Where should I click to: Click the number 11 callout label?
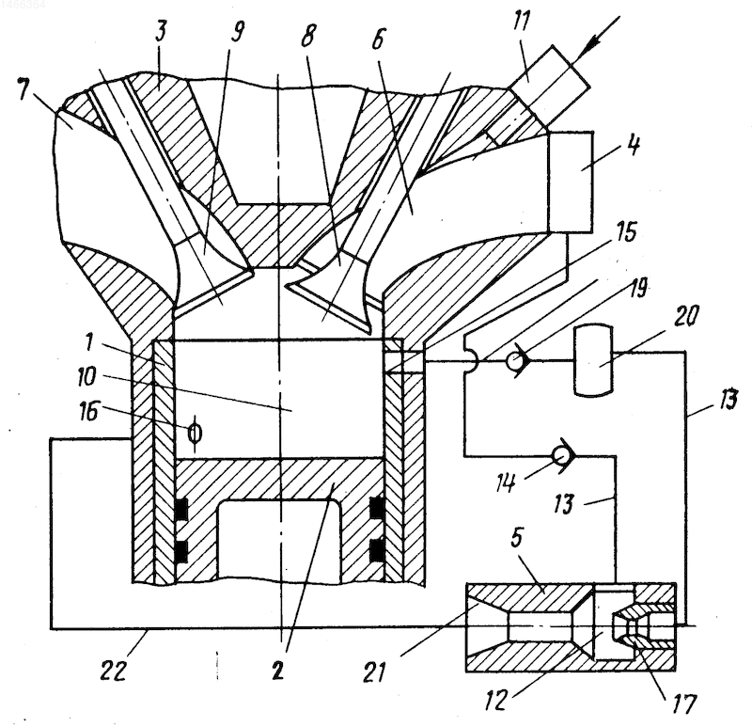522,22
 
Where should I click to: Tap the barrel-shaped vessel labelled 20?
594,361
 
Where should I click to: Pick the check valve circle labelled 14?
559,456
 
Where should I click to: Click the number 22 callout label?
114,670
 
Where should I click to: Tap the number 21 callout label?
374,672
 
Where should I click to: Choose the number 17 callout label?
684,705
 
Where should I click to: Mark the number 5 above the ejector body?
515,538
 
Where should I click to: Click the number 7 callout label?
27,90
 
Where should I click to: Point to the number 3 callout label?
161,32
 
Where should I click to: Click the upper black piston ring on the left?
180,510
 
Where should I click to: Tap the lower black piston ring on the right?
377,550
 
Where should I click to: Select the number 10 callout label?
86,376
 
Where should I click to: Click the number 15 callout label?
626,232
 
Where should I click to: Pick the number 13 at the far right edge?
728,400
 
